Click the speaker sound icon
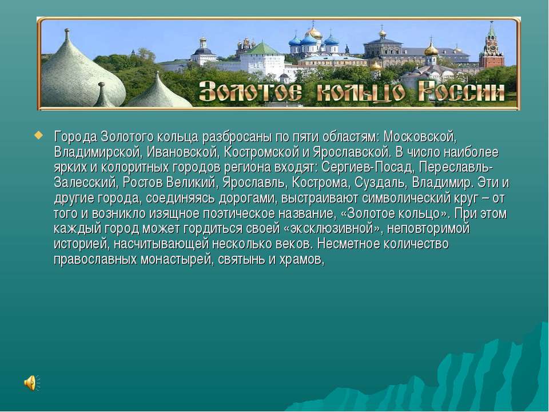pos(31,383)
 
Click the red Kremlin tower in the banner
pos(492,46)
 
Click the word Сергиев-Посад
pos(367,167)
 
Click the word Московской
pos(420,137)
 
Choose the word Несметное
pos(349,244)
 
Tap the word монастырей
pos(176,260)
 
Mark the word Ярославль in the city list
pos(253,183)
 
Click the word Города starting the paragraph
pos(75,137)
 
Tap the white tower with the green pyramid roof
pos(263,58)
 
